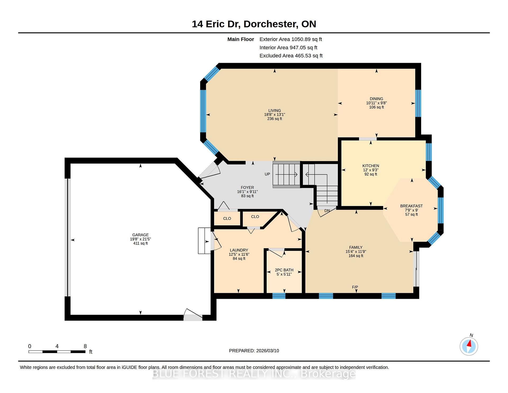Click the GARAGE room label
[140, 235]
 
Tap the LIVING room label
[275, 110]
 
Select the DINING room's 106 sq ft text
[377, 107]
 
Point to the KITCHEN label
[371, 166]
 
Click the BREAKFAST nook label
[411, 206]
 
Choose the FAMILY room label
[356, 247]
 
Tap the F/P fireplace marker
[355, 287]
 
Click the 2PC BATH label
[284, 270]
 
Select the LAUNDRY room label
[239, 250]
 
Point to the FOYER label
[247, 187]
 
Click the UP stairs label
[267, 174]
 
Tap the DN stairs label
[327, 211]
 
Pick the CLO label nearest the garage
[227, 218]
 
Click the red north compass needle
[470, 344]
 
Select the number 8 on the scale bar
[85, 346]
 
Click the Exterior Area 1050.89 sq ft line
[291, 39]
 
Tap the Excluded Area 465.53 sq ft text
[291, 56]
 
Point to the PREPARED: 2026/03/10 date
[254, 351]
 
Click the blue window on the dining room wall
[418, 103]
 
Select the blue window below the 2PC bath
[279, 296]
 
